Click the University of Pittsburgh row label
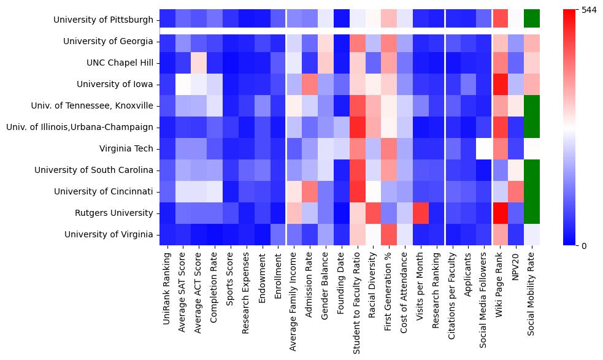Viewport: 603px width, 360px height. (x=103, y=20)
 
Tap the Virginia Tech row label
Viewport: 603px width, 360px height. (x=126, y=149)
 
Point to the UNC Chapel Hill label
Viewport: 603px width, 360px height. (x=121, y=63)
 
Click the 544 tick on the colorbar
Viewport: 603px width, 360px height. (x=588, y=10)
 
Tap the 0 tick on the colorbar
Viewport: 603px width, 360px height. (x=585, y=246)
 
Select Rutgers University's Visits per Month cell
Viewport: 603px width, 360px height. (x=421, y=213)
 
